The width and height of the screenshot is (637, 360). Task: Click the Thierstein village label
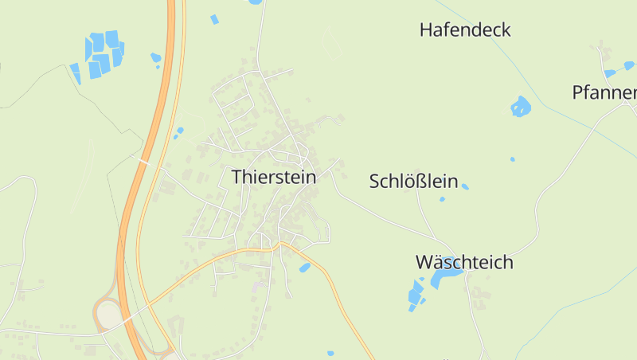[273, 177]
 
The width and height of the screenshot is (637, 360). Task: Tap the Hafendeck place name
[465, 30]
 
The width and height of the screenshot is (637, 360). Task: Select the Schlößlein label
[413, 182]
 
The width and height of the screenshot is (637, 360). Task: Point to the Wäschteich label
[464, 262]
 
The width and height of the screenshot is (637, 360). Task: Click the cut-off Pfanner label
[604, 92]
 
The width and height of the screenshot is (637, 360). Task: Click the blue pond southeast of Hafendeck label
[521, 106]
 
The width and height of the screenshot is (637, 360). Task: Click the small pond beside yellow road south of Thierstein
[304, 268]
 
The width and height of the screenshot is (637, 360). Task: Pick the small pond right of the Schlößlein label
[465, 186]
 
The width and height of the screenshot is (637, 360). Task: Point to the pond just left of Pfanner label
[610, 73]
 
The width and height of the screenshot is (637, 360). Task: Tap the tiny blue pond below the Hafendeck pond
[512, 159]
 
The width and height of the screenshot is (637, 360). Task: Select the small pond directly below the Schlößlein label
[442, 199]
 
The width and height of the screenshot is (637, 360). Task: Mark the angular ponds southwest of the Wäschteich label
[416, 295]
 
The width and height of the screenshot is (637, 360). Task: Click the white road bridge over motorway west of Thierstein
[143, 162]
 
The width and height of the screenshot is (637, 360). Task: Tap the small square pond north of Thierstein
[214, 19]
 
